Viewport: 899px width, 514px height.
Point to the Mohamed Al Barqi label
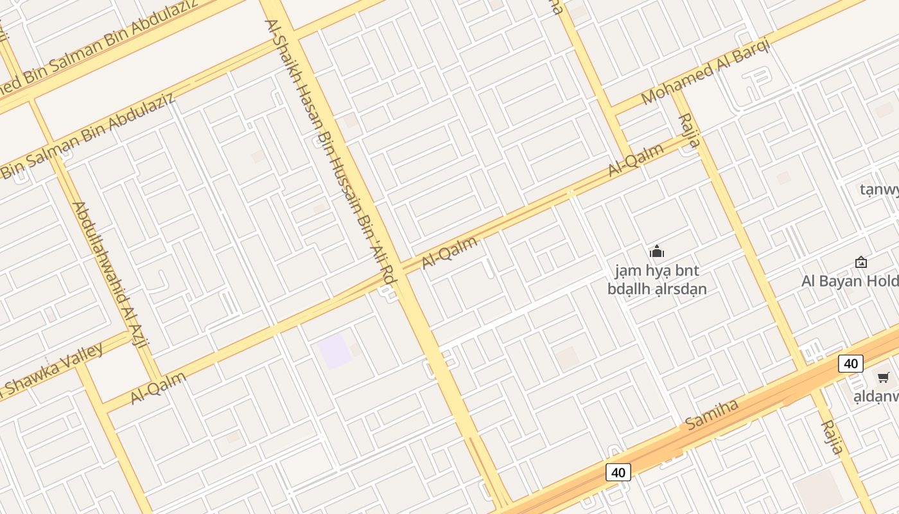(704, 75)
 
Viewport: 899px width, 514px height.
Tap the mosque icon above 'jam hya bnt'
(657, 251)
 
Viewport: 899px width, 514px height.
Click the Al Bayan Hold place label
(849, 281)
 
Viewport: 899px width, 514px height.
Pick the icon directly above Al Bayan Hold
(861, 262)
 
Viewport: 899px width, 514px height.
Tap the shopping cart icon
(884, 377)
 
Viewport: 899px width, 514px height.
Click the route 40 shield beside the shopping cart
(851, 364)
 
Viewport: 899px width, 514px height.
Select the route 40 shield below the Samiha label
(618, 473)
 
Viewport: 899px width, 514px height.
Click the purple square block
(335, 351)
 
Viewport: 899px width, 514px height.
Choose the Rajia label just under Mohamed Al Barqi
(688, 130)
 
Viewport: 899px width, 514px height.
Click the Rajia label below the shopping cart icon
(832, 437)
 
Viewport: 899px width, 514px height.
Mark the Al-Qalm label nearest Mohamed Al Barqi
(636, 160)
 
